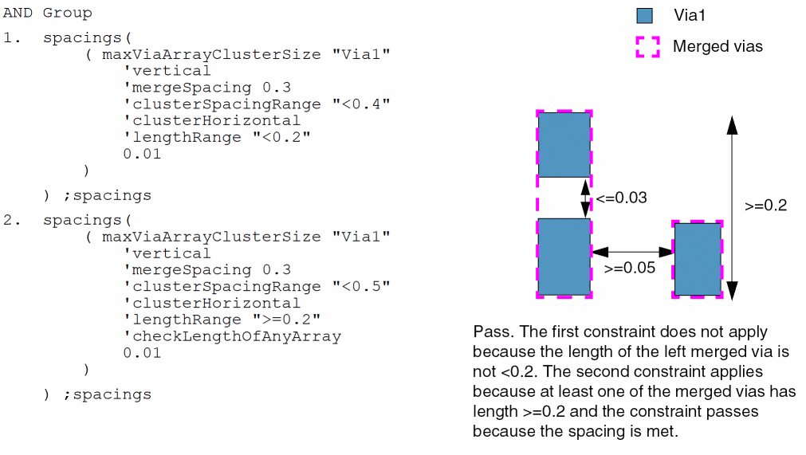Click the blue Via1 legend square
(x=646, y=15)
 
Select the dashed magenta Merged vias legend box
(x=647, y=47)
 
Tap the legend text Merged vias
(x=718, y=47)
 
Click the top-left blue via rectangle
(x=564, y=144)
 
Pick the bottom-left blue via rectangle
(x=564, y=257)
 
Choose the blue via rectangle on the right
(x=698, y=259)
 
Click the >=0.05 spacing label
(x=630, y=268)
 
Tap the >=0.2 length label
(x=766, y=205)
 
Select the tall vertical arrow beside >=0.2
(x=732, y=207)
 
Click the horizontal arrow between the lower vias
(x=632, y=251)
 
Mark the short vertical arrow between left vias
(x=585, y=198)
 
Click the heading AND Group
(x=48, y=13)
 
